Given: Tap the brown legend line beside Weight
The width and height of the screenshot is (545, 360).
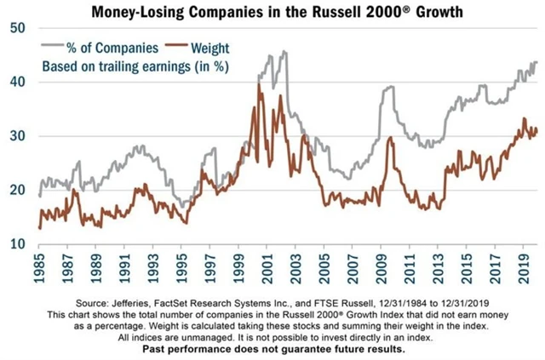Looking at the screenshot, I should pos(178,45).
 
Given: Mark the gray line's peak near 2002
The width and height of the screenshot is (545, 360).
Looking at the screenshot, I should pos(284,51).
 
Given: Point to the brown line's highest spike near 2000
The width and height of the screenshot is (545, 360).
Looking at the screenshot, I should pos(259,84).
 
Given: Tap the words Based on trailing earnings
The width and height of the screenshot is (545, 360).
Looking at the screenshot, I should pos(96,65).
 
